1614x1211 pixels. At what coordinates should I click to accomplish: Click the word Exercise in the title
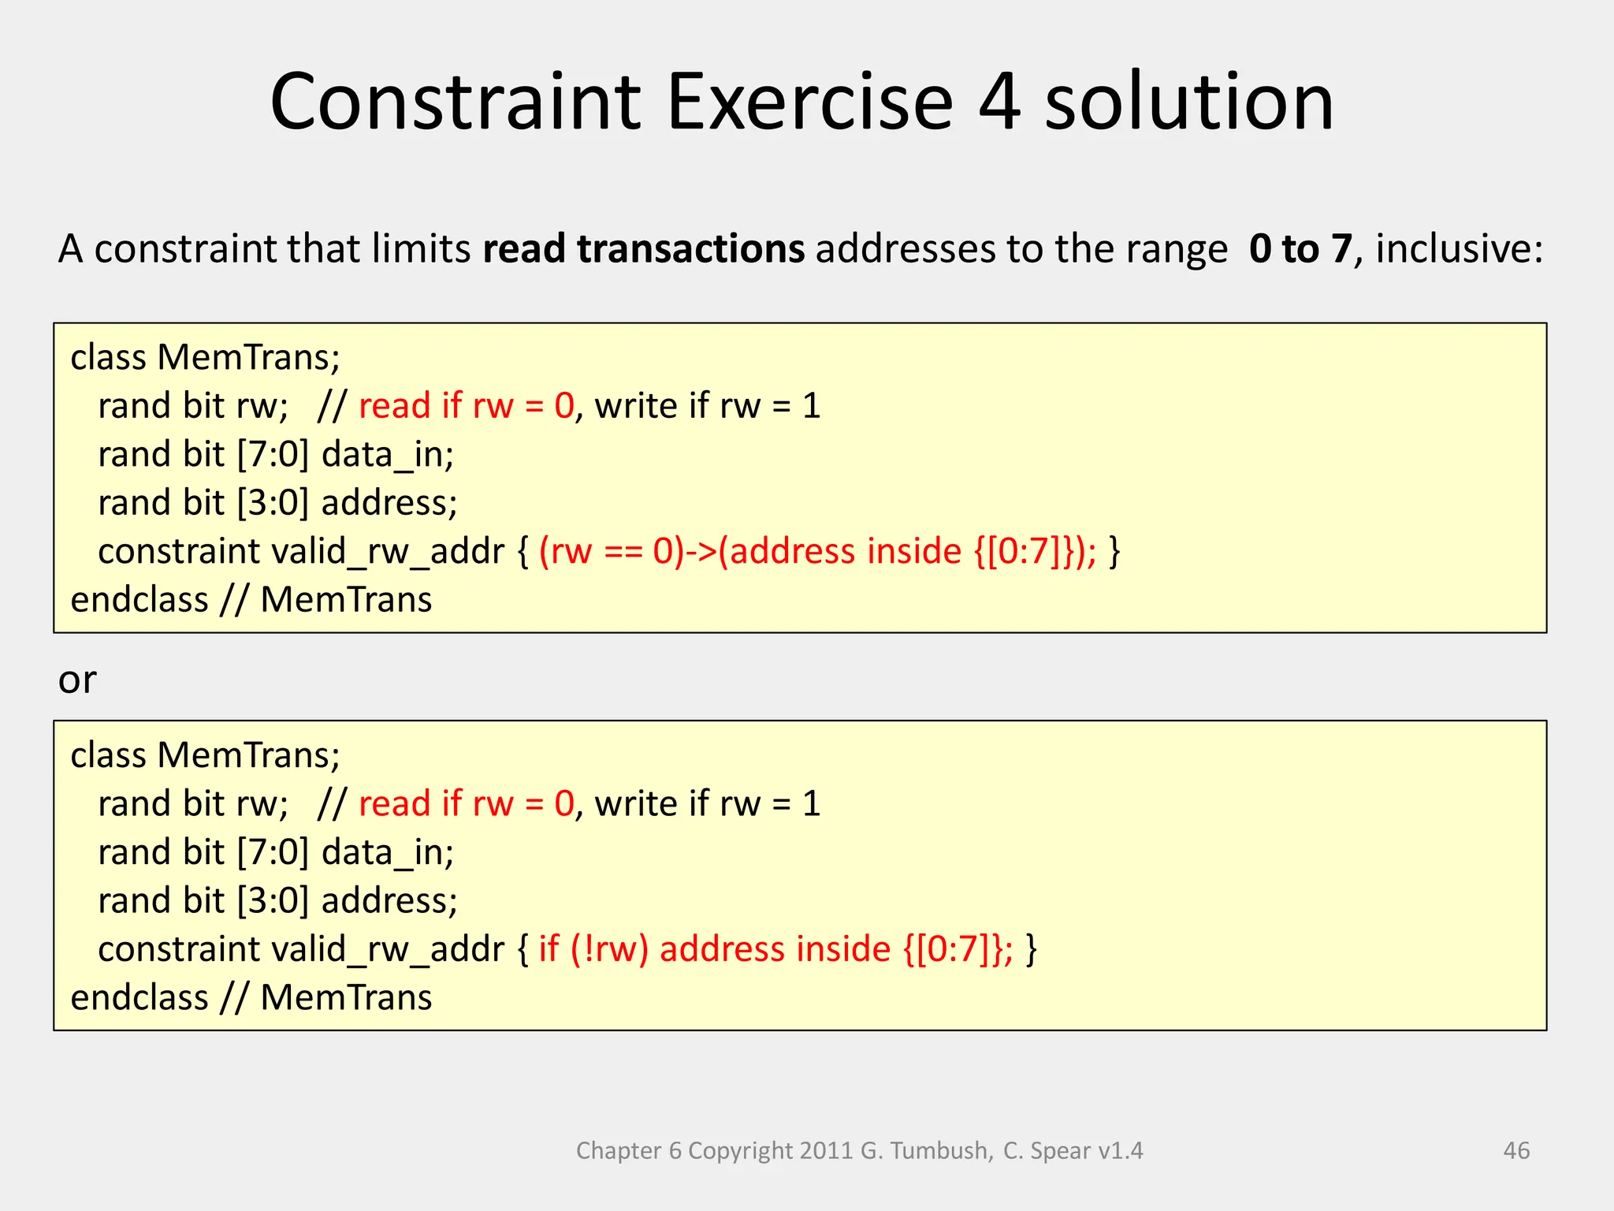[x=810, y=102]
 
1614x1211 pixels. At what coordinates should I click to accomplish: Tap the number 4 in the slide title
[x=1000, y=102]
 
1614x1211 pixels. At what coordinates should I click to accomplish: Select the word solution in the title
[x=1189, y=102]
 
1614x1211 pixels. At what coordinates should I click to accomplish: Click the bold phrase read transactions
[x=643, y=249]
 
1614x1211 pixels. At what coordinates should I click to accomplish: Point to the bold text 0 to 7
[x=1300, y=249]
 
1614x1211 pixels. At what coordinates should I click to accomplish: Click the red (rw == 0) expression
[x=611, y=551]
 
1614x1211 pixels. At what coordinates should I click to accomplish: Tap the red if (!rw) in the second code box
[x=593, y=948]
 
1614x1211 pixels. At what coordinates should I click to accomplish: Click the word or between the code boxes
[x=77, y=680]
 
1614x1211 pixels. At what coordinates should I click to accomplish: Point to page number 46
[x=1516, y=1150]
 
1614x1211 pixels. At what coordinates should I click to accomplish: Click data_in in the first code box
[x=386, y=455]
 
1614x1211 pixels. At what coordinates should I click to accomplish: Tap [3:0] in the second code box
[x=273, y=900]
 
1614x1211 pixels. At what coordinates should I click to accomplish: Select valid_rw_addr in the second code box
[x=387, y=948]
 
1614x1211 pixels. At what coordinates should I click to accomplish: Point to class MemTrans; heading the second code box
[x=205, y=755]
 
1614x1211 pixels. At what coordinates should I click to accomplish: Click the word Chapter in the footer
[x=619, y=1150]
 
